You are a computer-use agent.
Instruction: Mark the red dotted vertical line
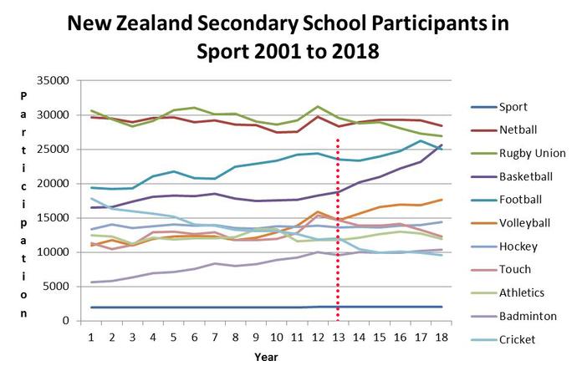click(338, 251)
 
